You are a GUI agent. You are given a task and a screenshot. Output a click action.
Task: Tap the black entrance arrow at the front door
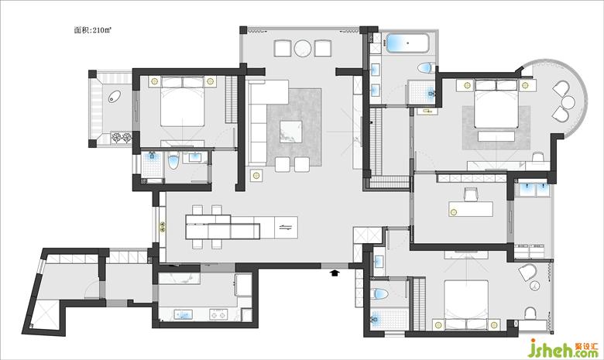pos(335,273)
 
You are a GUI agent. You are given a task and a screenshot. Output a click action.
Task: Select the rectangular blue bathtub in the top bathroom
pos(407,43)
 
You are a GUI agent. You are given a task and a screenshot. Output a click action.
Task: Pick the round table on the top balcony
pos(302,48)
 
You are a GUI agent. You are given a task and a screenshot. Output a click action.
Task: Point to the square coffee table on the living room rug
pos(291,132)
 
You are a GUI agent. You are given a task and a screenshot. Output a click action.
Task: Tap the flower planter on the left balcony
pos(122,138)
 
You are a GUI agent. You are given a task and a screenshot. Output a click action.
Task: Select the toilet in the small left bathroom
pos(173,161)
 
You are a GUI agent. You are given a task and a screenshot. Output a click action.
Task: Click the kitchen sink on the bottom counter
pos(184,314)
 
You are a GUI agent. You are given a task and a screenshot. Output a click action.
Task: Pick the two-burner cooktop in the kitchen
pos(218,314)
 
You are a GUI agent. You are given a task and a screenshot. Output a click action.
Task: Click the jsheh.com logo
pos(563,348)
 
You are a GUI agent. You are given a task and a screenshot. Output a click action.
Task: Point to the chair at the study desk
pos(471,194)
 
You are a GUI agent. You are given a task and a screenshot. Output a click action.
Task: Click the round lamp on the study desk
pos(454,211)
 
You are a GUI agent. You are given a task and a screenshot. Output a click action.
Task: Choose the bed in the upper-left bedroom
pos(182,101)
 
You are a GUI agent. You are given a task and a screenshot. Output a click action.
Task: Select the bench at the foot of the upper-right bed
pos(496,137)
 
